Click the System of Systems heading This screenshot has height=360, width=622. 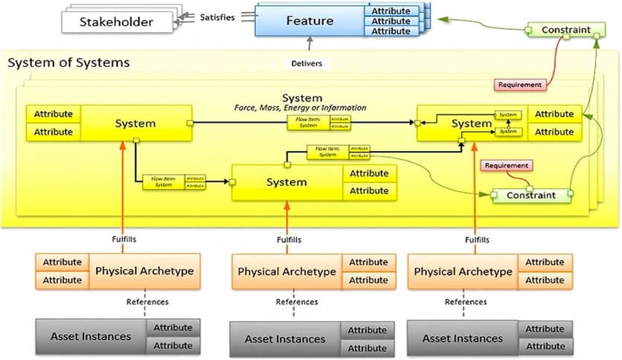pos(68,62)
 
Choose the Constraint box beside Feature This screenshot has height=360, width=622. pos(565,30)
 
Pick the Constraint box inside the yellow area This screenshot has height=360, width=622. pos(530,196)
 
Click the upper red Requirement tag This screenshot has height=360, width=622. pos(519,85)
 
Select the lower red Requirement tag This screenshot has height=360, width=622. pos(507,165)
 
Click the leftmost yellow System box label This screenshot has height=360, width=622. pos(135,123)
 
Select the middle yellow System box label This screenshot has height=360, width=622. pos(286,182)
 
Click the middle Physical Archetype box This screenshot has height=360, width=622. pos(286,271)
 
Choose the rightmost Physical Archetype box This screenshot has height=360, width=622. pos(463,271)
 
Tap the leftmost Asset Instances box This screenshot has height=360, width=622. pos(90,336)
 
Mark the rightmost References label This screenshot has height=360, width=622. pos(466,301)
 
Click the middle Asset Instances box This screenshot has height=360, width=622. pos(285,339)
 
